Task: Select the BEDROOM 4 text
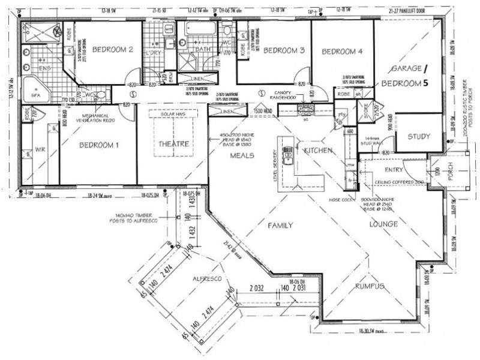tap(343, 52)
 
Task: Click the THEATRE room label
tap(173, 144)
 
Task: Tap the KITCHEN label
tap(318, 150)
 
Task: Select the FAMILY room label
tap(280, 226)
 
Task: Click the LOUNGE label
tap(385, 224)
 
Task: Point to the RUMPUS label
tap(368, 286)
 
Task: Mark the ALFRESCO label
tap(208, 280)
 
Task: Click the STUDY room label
tap(419, 136)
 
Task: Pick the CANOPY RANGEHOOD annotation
tap(284, 94)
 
